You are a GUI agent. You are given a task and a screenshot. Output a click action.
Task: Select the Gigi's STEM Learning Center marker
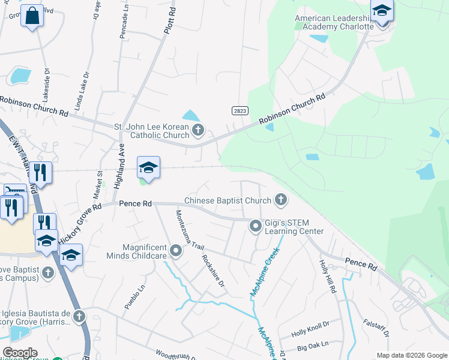[256, 226]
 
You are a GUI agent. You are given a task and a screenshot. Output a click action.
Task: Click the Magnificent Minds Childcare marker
[175, 250]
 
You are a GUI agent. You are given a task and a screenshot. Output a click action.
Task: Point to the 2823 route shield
[240, 111]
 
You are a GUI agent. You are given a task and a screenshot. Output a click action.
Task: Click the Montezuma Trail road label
[190, 230]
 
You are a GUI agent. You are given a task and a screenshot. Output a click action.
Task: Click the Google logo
[20, 353]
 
